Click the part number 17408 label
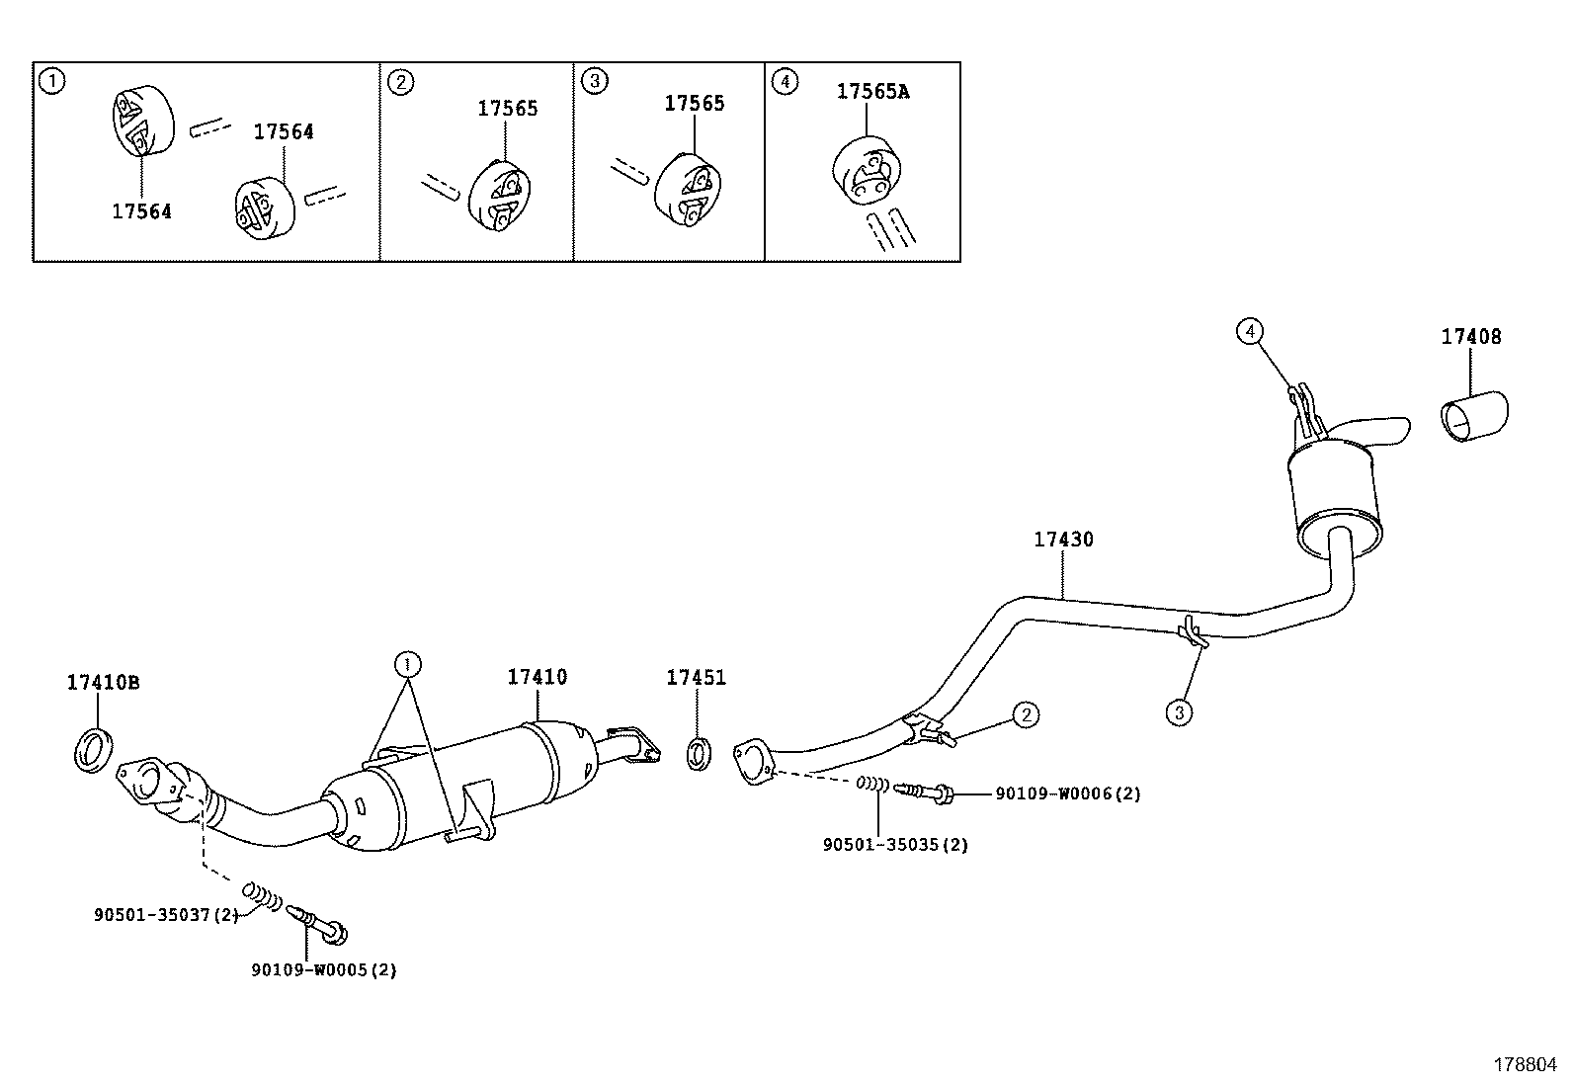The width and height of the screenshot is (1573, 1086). (1470, 337)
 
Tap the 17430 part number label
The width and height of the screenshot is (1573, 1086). (1063, 540)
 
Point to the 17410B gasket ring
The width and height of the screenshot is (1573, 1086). (94, 749)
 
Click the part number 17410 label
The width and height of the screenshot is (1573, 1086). (537, 678)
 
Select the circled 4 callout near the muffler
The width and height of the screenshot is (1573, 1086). (1250, 332)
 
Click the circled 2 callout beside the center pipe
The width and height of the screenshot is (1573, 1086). (1026, 714)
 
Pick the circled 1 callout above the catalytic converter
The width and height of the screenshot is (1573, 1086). (407, 662)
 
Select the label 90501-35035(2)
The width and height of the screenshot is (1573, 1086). (895, 845)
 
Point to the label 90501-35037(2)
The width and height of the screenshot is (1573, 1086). (166, 915)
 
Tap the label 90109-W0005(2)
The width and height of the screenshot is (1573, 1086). (323, 970)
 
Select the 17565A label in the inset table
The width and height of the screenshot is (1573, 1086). (872, 92)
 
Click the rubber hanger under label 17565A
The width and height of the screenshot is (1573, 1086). (866, 172)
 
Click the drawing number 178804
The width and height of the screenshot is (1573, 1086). (1524, 1065)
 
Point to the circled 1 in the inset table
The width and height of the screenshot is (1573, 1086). (51, 81)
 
